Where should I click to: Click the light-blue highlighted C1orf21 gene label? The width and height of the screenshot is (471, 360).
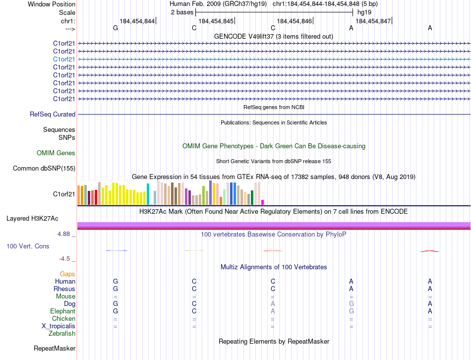(x=64, y=59)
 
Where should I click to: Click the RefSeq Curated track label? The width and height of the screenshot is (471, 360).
(x=53, y=114)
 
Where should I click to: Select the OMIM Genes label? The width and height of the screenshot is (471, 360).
(x=56, y=153)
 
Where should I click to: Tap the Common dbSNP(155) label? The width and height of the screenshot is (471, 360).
(x=44, y=169)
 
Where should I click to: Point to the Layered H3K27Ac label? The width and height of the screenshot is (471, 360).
(x=32, y=218)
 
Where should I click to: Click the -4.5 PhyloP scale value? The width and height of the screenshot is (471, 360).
(x=66, y=258)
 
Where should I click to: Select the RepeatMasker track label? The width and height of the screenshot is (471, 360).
(x=55, y=349)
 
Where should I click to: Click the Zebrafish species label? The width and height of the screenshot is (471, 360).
(x=62, y=334)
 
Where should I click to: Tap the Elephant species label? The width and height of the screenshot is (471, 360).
(x=62, y=311)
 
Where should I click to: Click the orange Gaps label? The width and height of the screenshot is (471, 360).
(x=67, y=274)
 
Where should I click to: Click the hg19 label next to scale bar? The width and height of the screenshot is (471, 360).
(x=364, y=12)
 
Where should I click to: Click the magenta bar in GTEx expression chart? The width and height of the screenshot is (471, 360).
(x=262, y=202)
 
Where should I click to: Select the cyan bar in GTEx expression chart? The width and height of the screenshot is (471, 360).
(x=148, y=194)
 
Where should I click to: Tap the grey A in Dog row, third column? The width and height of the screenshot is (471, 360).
(x=273, y=303)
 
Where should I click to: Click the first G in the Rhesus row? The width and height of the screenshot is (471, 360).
(x=116, y=289)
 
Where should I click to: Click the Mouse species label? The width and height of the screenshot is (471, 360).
(x=65, y=297)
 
